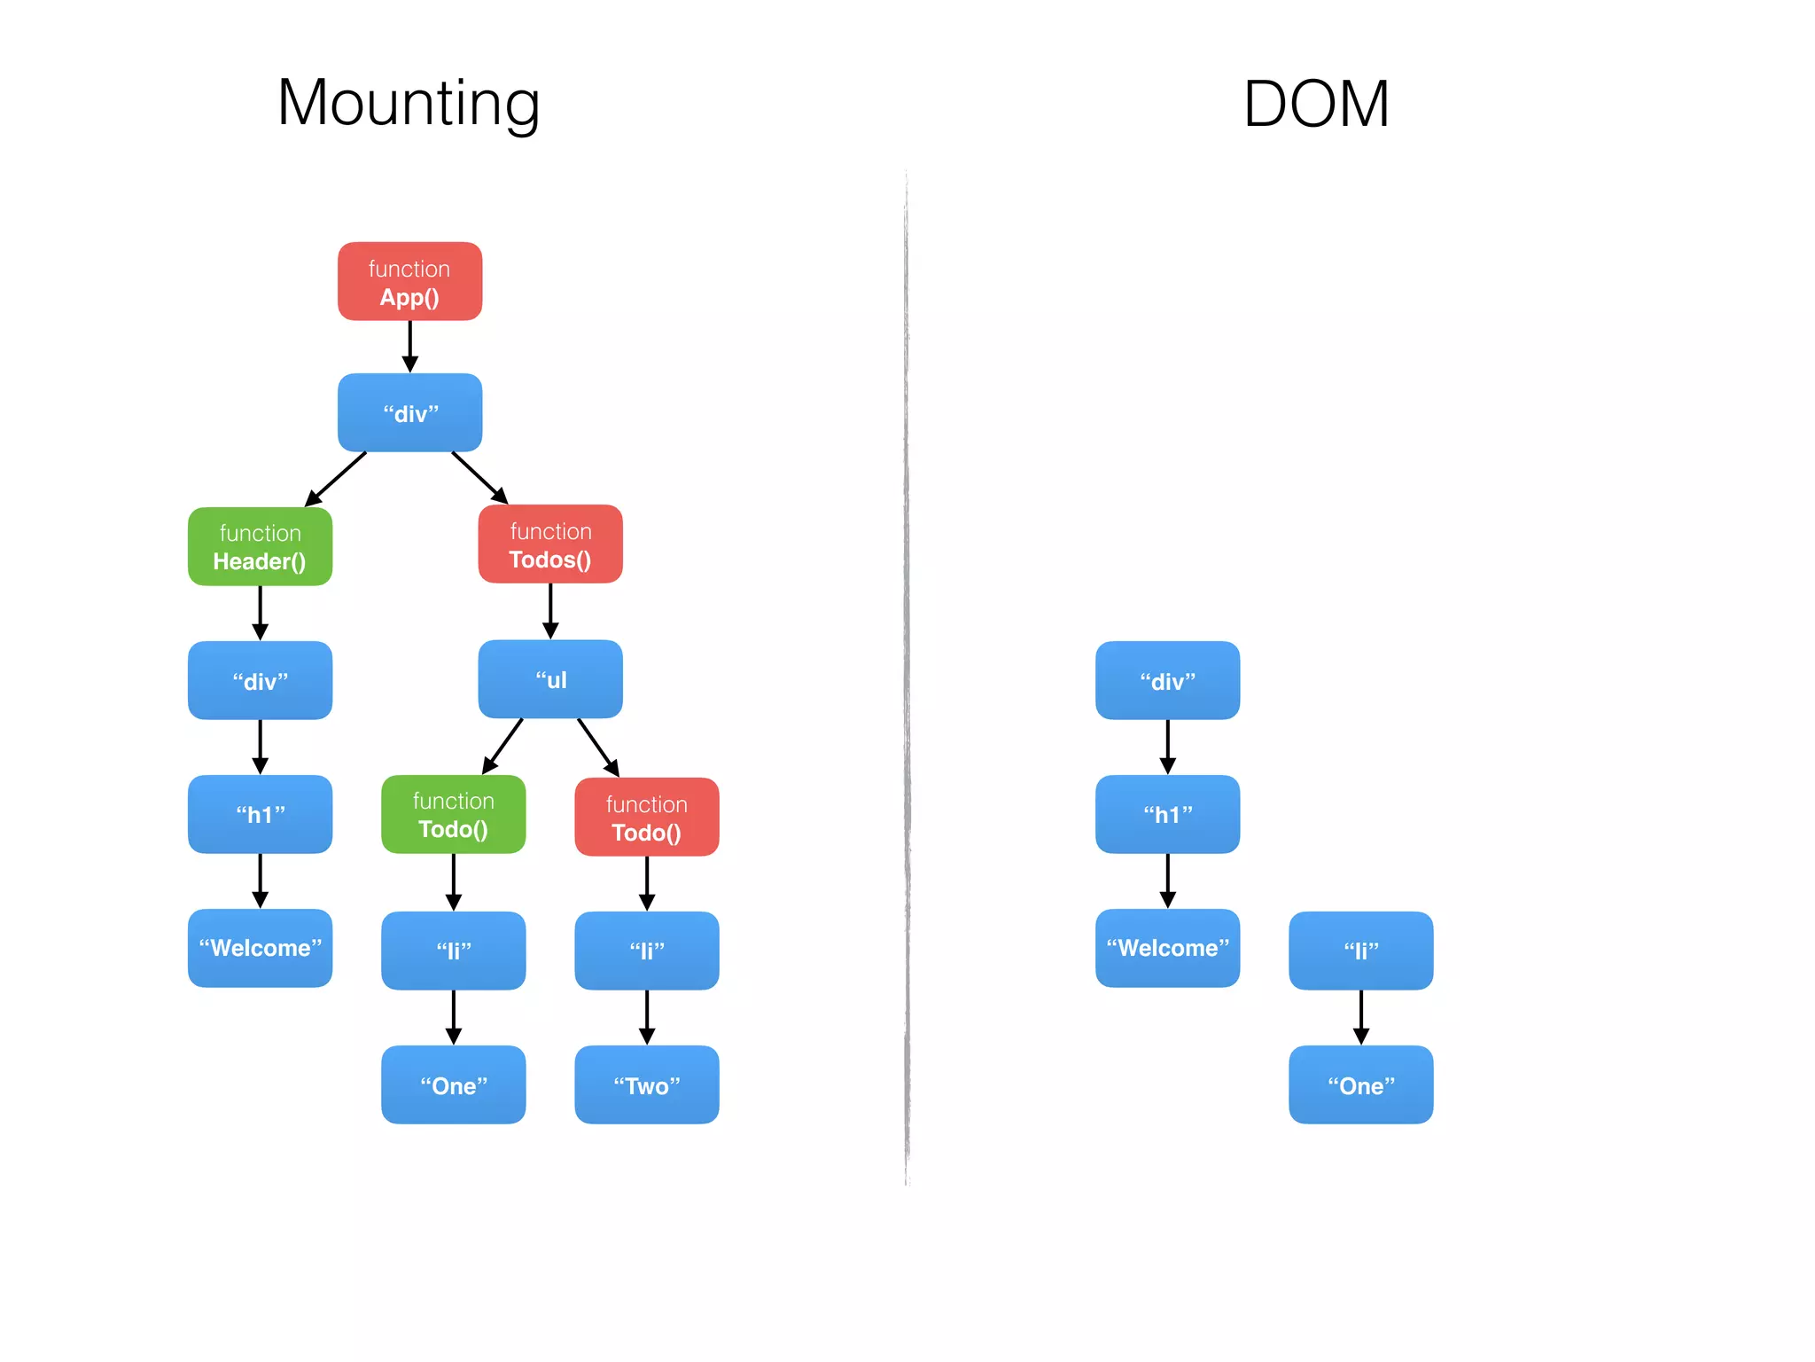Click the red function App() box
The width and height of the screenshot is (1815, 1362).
[409, 281]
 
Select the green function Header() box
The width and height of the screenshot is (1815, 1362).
[260, 546]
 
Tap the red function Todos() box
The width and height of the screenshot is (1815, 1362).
[550, 544]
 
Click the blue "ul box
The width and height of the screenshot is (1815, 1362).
[550, 679]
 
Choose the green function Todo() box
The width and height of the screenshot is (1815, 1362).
[453, 814]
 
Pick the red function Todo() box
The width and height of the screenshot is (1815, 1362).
[647, 817]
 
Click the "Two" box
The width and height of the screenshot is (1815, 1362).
[647, 1084]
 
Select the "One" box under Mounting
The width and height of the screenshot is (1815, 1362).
[453, 1084]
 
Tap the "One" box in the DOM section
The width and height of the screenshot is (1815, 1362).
[1360, 1084]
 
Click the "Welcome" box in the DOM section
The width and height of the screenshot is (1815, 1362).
[1167, 948]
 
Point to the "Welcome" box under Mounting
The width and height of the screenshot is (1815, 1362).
[260, 948]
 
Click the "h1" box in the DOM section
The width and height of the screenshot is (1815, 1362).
[1167, 814]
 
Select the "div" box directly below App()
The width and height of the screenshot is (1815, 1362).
[409, 412]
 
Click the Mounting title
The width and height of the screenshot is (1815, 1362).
[409, 104]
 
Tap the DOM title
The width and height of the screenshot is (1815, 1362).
[1315, 104]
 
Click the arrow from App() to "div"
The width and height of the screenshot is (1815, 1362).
[409, 346]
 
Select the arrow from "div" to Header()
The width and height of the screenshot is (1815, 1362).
[336, 479]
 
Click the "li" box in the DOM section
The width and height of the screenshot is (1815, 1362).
[1360, 951]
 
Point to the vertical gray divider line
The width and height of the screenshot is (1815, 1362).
[907, 674]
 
